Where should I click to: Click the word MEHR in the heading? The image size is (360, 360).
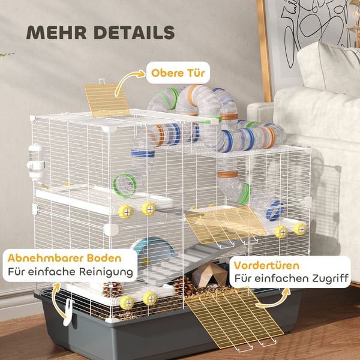(56, 32)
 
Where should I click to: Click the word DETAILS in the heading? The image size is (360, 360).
(134, 32)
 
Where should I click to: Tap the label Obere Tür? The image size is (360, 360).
(178, 73)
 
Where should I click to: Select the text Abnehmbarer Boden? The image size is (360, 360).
(65, 258)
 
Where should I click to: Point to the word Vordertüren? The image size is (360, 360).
(266, 265)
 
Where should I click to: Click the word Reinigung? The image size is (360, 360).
(106, 272)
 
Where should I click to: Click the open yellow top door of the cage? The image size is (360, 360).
(107, 100)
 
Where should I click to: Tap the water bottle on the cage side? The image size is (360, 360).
(36, 162)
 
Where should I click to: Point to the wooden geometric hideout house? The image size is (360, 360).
(209, 275)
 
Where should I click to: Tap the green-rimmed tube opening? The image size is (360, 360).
(124, 186)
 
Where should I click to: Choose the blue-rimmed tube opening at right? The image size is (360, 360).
(275, 211)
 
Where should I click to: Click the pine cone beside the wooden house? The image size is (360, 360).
(184, 286)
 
